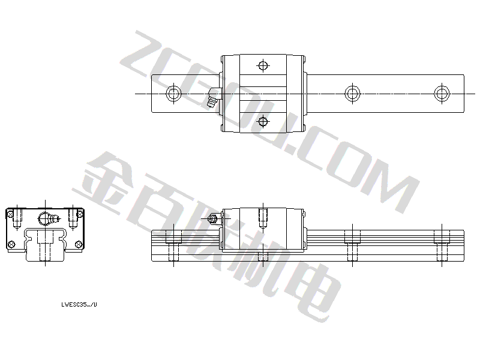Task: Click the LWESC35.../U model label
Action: point(79,305)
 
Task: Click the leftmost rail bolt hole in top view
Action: point(173,93)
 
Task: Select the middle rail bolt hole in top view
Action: point(352,93)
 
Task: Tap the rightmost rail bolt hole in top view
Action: point(442,93)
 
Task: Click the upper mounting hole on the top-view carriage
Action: point(263,65)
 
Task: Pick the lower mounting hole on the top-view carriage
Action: point(263,121)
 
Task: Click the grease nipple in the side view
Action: point(212,219)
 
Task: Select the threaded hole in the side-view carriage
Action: point(263,218)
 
